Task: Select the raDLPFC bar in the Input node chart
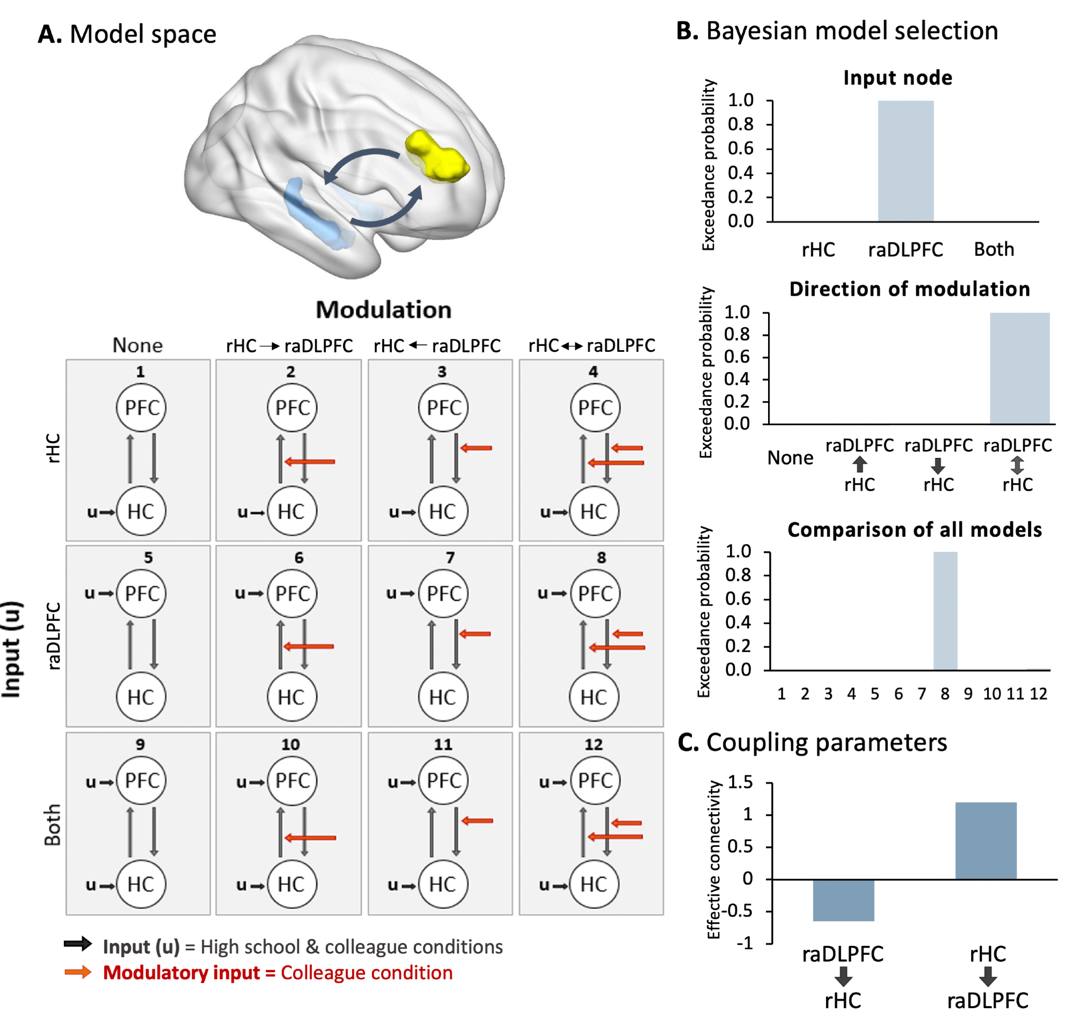click(x=906, y=161)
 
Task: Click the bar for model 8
click(x=945, y=611)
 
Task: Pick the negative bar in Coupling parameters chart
click(x=843, y=900)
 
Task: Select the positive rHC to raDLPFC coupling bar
click(x=986, y=840)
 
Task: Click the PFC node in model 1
click(x=141, y=408)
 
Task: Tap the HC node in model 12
click(x=594, y=885)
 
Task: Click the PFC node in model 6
click(x=292, y=593)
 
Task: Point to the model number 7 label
click(x=450, y=558)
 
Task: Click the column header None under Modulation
click(x=137, y=345)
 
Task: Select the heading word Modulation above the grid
click(x=384, y=310)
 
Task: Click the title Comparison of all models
click(x=914, y=529)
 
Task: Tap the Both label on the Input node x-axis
click(x=994, y=249)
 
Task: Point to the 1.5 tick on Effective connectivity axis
click(x=741, y=782)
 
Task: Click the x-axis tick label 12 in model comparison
click(x=1038, y=694)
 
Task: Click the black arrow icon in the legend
click(x=78, y=944)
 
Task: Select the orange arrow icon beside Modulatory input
click(x=78, y=972)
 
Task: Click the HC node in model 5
click(x=141, y=697)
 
